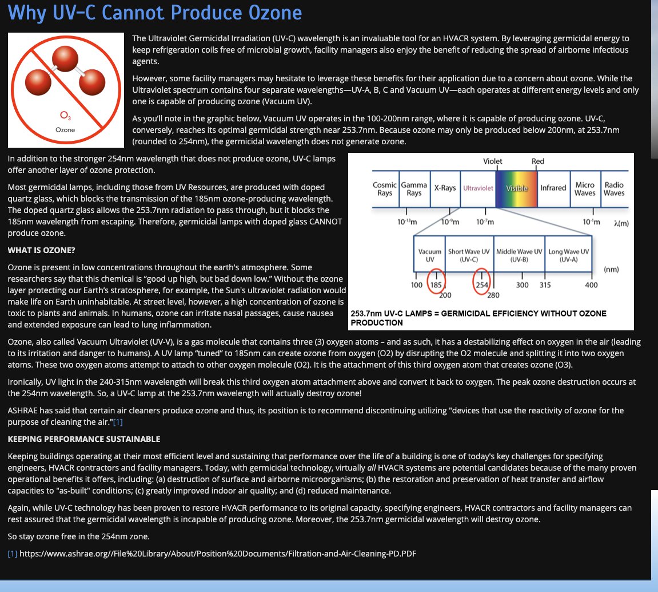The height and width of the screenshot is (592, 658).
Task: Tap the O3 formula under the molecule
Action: (65, 116)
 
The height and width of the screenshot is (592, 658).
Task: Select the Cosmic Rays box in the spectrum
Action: (385, 188)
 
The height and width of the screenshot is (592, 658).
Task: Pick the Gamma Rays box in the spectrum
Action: (414, 188)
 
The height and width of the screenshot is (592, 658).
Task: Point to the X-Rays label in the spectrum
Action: (445, 188)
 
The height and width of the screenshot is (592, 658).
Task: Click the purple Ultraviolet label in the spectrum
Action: (478, 188)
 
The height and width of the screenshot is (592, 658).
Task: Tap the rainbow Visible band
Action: (517, 188)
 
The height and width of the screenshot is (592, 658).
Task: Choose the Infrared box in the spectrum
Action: (553, 188)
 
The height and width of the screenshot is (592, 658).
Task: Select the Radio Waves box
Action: (614, 188)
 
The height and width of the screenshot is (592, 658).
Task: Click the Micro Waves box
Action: (585, 188)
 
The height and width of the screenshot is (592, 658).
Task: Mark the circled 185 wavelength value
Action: (436, 285)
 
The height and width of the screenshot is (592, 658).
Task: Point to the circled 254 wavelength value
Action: (482, 285)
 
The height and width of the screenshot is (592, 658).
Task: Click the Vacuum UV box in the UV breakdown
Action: (430, 255)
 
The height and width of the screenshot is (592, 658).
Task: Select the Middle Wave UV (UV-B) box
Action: (519, 255)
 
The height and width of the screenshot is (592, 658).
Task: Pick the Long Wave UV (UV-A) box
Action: (569, 255)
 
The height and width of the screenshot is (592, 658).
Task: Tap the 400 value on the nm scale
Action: (591, 285)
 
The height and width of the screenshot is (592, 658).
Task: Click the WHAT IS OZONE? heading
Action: (41, 250)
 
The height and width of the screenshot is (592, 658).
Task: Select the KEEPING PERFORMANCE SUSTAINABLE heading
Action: (83, 439)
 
